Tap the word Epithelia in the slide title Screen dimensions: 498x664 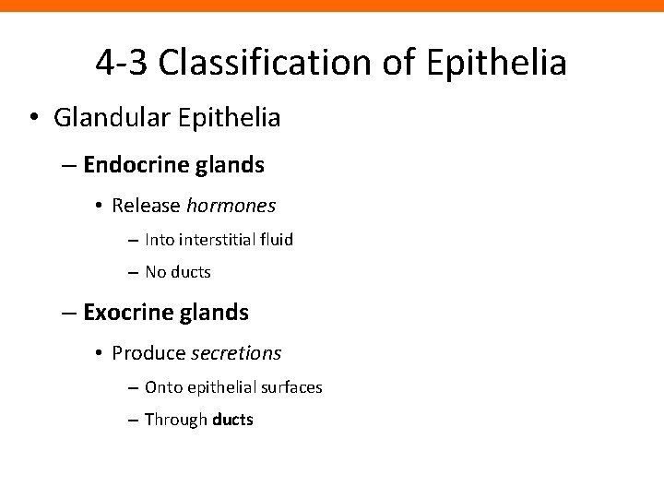click(499, 62)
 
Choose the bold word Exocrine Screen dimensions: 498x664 click(120, 313)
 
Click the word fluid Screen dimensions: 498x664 click(275, 240)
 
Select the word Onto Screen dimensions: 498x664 click(163, 387)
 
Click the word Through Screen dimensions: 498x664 click(177, 421)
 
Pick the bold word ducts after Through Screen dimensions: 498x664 click(232, 421)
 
